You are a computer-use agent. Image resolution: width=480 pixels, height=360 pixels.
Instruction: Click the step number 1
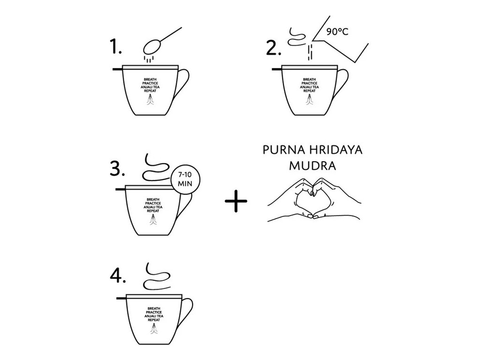click(x=115, y=47)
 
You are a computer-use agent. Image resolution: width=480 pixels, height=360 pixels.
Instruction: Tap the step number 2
click(x=273, y=48)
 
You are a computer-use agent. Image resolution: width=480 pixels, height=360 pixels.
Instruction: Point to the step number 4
click(x=118, y=276)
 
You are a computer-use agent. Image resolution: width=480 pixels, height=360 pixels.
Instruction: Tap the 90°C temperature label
click(x=337, y=31)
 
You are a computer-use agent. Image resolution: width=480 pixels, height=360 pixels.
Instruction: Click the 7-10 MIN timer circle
click(x=185, y=179)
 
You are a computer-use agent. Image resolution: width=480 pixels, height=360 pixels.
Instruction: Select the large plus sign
click(x=236, y=201)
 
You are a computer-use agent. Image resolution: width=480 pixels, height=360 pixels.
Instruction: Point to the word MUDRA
click(x=313, y=166)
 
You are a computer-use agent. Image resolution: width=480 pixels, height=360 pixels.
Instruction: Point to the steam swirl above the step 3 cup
click(x=156, y=167)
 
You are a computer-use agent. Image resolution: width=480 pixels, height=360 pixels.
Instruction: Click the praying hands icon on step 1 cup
click(x=150, y=100)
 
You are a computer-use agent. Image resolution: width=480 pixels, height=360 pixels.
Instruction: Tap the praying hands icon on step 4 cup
click(x=154, y=329)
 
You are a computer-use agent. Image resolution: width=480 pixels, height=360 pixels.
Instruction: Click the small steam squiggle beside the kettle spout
click(x=296, y=37)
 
